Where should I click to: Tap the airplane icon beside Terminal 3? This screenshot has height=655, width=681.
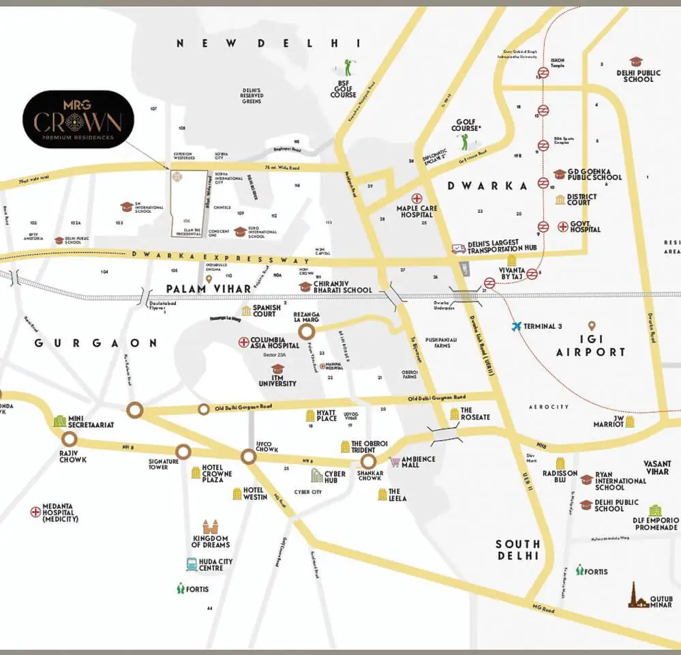517,326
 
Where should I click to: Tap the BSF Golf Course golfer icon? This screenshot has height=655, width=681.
349,67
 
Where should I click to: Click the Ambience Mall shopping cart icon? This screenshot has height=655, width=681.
395,462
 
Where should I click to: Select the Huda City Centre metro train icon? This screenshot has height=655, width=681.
192,564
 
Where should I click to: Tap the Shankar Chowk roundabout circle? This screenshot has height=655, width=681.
369,462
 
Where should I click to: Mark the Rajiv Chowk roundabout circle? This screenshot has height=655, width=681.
69,439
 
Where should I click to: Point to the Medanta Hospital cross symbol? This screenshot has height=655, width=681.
35,512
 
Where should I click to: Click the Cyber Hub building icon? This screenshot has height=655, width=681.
317,475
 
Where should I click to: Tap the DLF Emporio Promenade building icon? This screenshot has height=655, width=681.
654,510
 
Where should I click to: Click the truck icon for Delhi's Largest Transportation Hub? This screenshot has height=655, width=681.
458,249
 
